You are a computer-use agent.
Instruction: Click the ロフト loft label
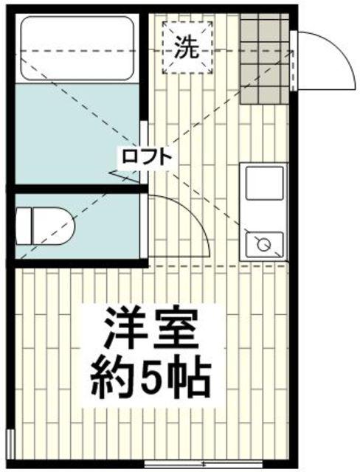tap(147, 156)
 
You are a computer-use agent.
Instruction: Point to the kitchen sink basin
tap(264, 184)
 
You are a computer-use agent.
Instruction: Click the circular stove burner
tap(261, 243)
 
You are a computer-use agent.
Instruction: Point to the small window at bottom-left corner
tap(9, 447)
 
